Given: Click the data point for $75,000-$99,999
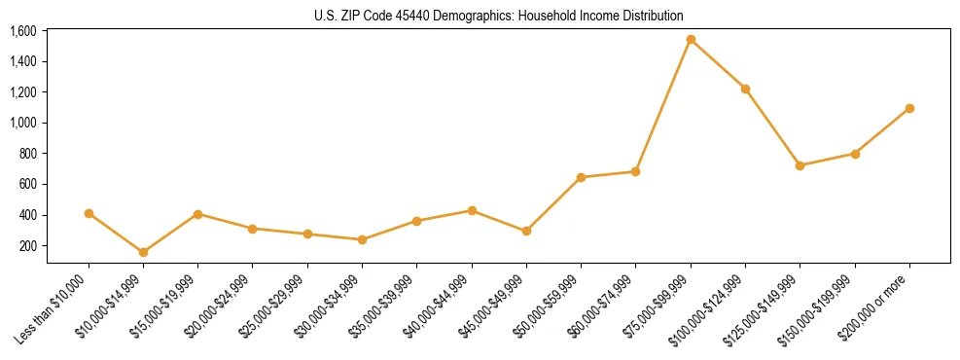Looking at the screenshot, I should (691, 40).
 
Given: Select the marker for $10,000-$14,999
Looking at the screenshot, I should (144, 252).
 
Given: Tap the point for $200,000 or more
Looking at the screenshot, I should (909, 108).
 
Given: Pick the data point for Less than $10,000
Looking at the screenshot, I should (89, 213).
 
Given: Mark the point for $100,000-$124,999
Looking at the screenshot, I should (745, 89).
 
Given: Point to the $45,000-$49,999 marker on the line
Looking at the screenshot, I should (526, 231).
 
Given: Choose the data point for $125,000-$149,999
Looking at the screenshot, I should (800, 165).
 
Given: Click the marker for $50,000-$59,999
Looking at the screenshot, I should (581, 177).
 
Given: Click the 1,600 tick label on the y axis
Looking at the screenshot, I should (23, 31).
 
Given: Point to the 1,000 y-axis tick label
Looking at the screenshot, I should (23, 123).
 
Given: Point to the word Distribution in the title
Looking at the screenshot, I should (653, 16).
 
